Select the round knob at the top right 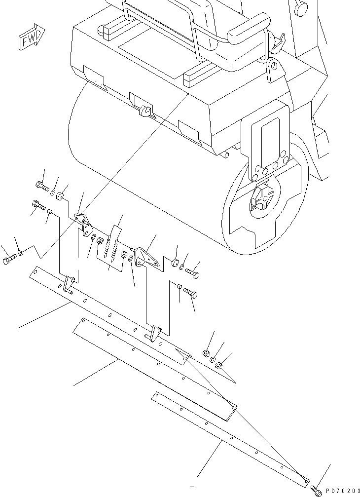[x=301, y=8]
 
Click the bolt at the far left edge [x=8, y=260]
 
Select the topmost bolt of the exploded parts [x=41, y=186]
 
